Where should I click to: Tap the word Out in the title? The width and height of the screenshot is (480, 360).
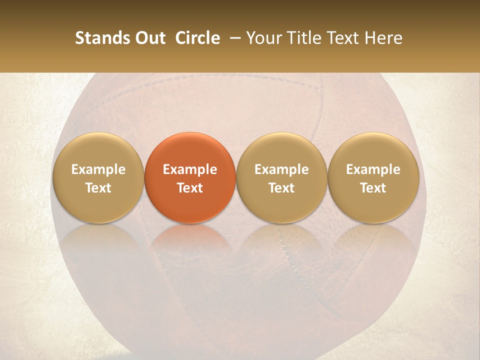[149, 38]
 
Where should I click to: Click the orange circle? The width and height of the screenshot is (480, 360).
[190, 177]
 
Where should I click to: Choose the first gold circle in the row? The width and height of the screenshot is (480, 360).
[98, 177]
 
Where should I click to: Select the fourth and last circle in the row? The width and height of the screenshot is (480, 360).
[373, 177]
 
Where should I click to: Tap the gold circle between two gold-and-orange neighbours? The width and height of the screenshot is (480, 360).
[281, 177]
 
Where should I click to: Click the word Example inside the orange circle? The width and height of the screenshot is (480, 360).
[190, 169]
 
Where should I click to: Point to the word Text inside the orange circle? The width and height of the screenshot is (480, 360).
[190, 188]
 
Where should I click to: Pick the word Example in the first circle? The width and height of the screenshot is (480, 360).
[98, 169]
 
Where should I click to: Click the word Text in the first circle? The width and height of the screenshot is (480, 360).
[98, 188]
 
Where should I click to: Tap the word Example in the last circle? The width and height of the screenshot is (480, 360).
[373, 169]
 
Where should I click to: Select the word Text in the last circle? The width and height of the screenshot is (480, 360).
[373, 188]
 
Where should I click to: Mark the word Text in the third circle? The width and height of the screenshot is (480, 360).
[281, 188]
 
